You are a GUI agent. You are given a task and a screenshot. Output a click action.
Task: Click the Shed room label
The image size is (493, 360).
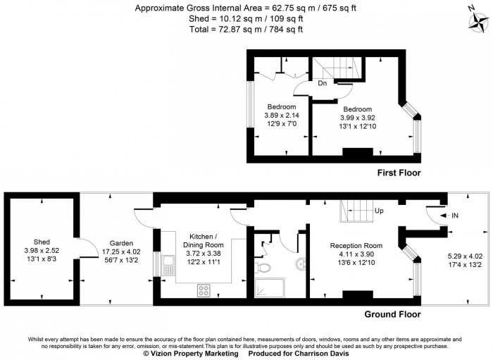pyautogui.click(x=42, y=240)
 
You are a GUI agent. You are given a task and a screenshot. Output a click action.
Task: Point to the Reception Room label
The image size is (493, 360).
pyautogui.click(x=356, y=246)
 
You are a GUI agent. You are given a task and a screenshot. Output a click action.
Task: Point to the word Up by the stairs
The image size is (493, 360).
pyautogui.click(x=379, y=211)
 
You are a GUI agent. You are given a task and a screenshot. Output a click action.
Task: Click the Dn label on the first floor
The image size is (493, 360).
pyautogui.click(x=322, y=84)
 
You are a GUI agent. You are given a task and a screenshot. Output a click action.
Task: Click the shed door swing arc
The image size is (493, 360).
pyautogui.click(x=83, y=248)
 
